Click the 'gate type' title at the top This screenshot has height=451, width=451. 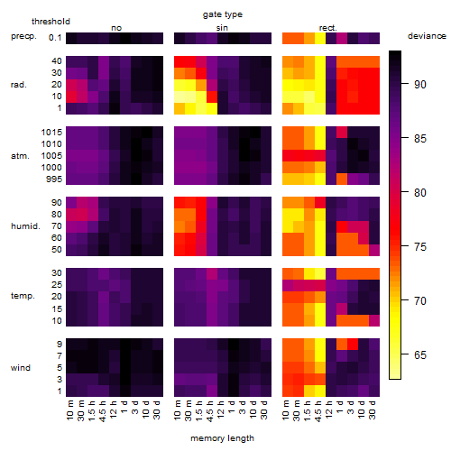tap(223, 14)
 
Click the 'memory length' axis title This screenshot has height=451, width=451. tap(222, 438)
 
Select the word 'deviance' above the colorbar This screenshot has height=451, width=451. tap(427, 36)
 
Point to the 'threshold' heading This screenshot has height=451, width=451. tap(51, 22)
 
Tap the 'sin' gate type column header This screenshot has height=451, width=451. tap(222, 28)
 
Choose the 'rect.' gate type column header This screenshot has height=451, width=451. tap(327, 28)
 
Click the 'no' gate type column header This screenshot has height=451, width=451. tap(116, 28)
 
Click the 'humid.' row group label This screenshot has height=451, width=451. tap(25, 226)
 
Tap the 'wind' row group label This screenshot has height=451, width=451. tap(21, 368)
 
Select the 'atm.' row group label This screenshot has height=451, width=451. tap(20, 156)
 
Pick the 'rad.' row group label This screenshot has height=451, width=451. tap(19, 85)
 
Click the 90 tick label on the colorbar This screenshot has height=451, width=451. tap(420, 85)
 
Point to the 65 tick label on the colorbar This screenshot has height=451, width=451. tap(420, 355)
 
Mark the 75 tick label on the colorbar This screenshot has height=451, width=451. tap(420, 247)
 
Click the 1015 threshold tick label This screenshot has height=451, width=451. tap(51, 133)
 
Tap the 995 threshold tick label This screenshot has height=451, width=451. tap(54, 179)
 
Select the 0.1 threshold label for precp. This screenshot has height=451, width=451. tap(55, 38)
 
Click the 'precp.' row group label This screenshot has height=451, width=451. tap(23, 36)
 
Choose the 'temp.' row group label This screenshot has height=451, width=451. tap(23, 296)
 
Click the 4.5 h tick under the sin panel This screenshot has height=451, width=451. tap(210, 410)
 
